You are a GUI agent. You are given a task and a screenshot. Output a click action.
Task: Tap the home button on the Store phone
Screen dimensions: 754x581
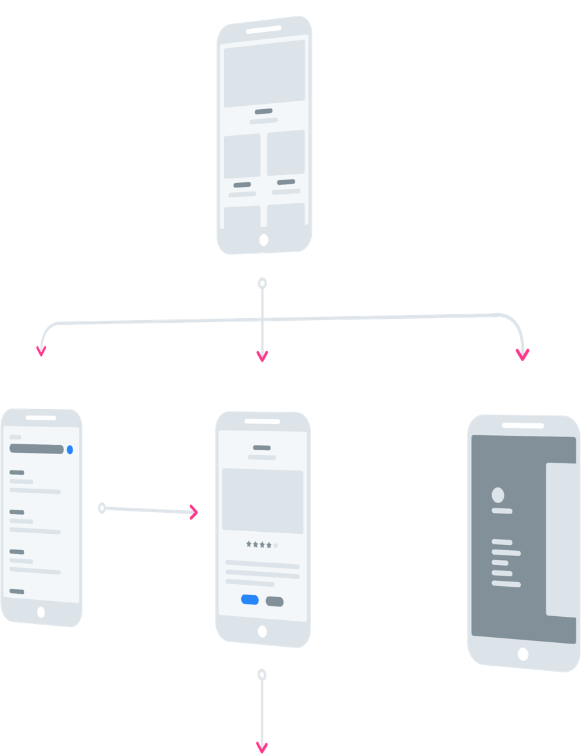[263, 239]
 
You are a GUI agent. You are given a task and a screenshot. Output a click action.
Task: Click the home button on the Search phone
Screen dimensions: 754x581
[41, 612]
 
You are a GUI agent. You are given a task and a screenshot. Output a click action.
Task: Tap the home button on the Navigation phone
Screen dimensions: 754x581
[523, 653]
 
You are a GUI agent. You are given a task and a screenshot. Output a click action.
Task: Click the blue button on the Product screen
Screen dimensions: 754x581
[250, 600]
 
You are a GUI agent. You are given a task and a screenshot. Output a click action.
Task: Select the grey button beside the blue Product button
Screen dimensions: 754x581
[274, 601]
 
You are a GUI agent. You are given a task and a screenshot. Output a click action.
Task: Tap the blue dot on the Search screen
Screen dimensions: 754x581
[70, 450]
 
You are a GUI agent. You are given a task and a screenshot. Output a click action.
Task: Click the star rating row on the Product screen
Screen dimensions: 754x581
[262, 544]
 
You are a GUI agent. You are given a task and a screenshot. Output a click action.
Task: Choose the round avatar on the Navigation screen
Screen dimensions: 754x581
[498, 495]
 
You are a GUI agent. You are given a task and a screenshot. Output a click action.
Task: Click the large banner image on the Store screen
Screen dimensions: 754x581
[264, 73]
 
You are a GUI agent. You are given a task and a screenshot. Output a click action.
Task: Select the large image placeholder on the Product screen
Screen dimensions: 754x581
[262, 500]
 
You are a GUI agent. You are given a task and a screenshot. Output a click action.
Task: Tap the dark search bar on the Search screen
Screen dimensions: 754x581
[37, 449]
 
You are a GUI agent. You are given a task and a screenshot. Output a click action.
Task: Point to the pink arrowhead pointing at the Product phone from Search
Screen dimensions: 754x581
[193, 512]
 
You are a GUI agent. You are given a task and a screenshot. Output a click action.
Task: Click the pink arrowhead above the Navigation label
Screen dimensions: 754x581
[522, 355]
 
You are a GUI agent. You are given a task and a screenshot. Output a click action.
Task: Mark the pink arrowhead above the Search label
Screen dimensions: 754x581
[41, 351]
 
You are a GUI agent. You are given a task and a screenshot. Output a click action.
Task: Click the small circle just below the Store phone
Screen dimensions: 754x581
[262, 283]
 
